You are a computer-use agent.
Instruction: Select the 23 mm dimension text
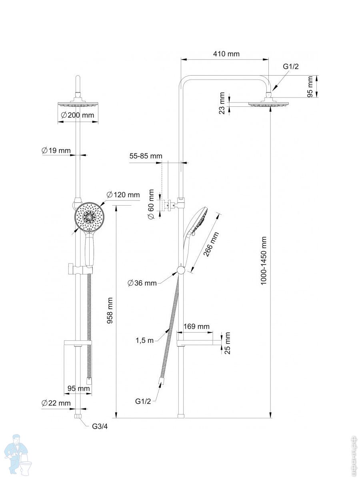[222, 104]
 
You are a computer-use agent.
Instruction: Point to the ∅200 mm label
[78, 115]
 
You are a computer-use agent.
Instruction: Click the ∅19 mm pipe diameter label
[56, 150]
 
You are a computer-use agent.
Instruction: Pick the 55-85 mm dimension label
[146, 156]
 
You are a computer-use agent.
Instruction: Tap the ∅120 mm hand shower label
[123, 195]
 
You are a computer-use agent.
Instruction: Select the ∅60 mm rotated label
[151, 204]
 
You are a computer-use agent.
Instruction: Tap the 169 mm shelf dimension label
[196, 326]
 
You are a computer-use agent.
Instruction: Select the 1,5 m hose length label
[144, 340]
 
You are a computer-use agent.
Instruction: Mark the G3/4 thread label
[100, 426]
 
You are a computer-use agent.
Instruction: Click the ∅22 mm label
[56, 403]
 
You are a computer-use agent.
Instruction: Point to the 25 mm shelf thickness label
[228, 343]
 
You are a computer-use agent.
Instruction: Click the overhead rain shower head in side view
[269, 104]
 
